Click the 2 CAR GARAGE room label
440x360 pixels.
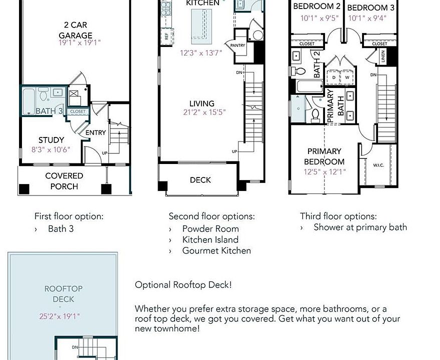coord(75,30)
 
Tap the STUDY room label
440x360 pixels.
coord(51,140)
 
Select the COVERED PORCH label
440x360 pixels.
coord(64,181)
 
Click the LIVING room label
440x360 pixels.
coord(202,104)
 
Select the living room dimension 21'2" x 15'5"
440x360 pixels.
coord(204,112)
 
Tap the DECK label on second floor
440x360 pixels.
coord(200,180)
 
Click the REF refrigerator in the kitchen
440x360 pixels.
coord(166,36)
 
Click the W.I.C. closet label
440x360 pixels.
coord(378,165)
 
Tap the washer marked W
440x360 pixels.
coord(346,77)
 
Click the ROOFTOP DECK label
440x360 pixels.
coord(63,294)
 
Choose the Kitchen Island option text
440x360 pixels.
coord(210,239)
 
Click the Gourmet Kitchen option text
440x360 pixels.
coord(216,250)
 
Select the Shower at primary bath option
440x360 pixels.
coord(360,227)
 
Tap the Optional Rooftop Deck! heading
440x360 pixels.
coord(183,285)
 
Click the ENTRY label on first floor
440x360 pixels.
coord(95,132)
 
